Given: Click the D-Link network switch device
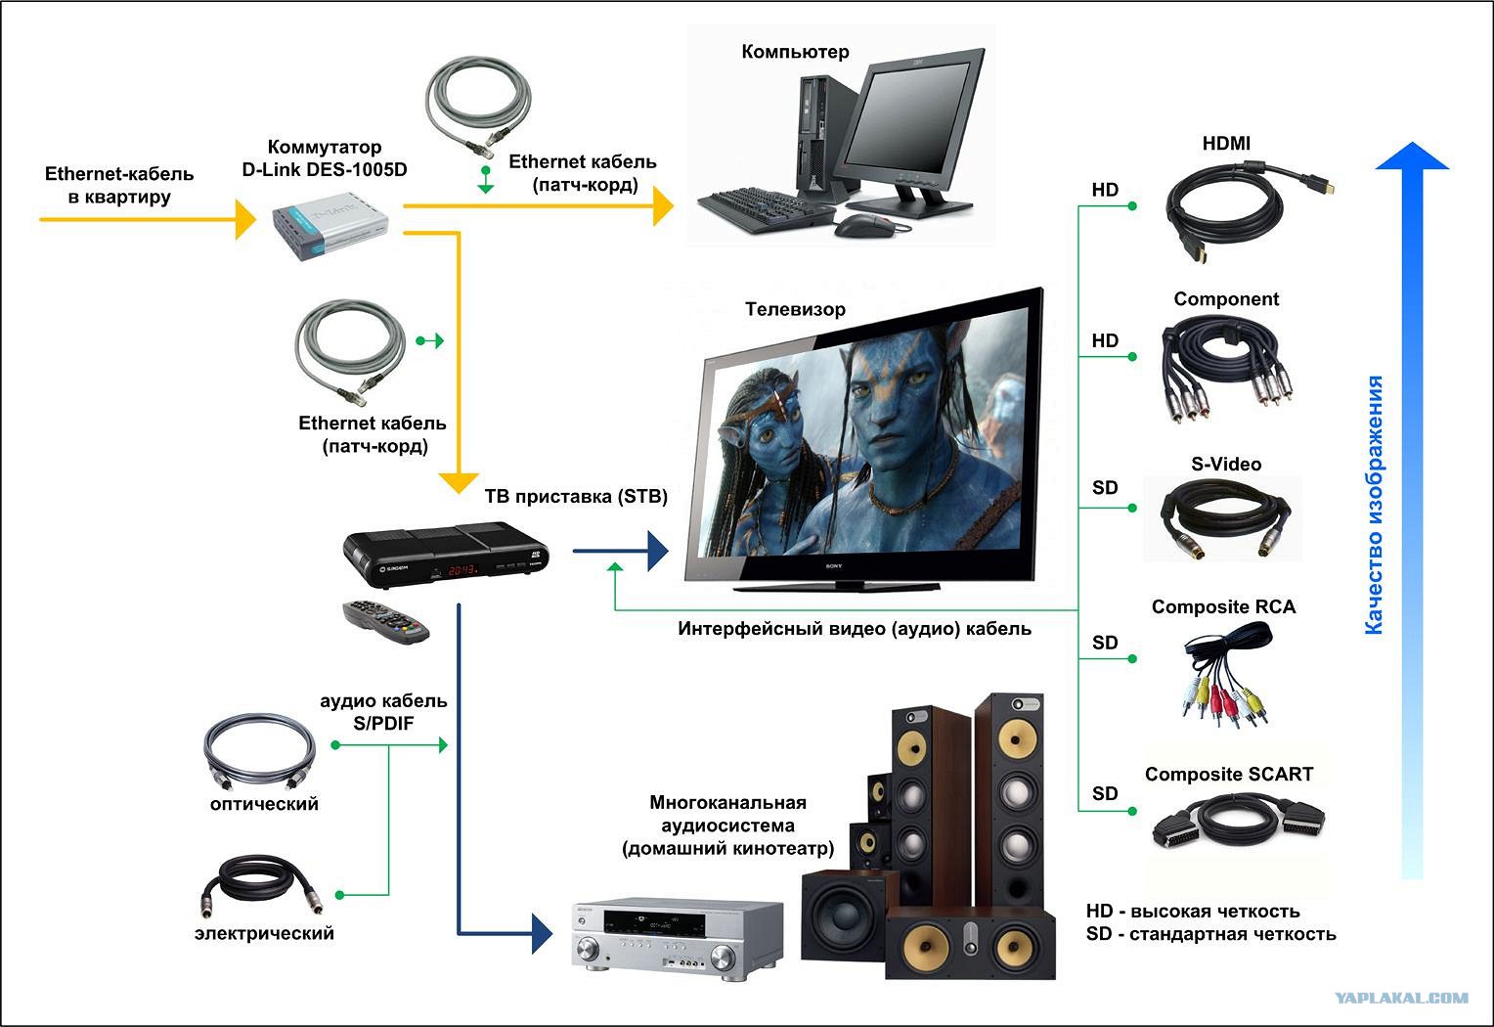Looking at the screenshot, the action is [x=330, y=226].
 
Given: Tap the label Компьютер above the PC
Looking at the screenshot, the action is [x=795, y=52].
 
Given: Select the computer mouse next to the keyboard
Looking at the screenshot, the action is [x=865, y=226].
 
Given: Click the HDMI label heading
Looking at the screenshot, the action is [x=1226, y=143].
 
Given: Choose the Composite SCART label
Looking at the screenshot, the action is [x=1229, y=774].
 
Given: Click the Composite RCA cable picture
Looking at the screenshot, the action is [x=1226, y=674].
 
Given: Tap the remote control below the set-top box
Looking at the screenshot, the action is [x=385, y=622].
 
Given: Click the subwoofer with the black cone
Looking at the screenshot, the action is [x=846, y=915].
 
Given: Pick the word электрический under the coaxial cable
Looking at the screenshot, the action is [x=264, y=933].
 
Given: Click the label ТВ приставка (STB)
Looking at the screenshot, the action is [x=576, y=497].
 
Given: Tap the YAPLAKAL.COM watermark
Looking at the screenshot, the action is [x=1401, y=998].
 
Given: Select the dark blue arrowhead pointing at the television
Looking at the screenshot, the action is [x=658, y=552].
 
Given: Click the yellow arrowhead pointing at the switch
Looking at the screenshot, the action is [x=245, y=219].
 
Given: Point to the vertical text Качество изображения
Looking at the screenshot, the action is [x=1374, y=505].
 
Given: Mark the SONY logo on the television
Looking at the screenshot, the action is [x=834, y=566].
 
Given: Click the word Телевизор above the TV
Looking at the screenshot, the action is [x=795, y=309].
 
